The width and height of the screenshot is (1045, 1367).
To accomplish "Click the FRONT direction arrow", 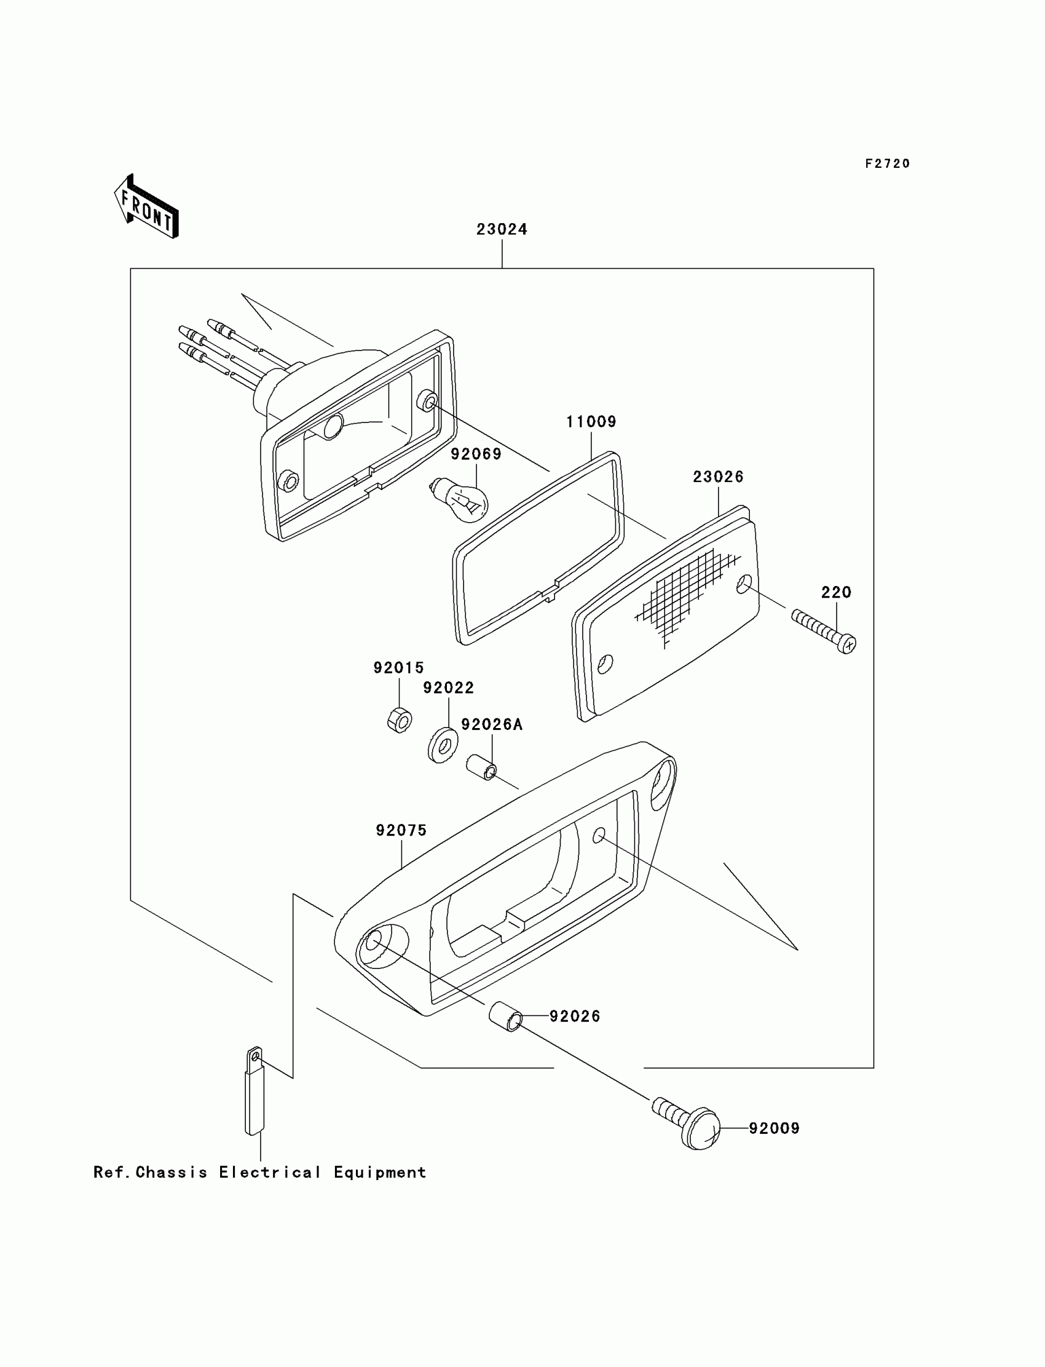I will click(x=147, y=207).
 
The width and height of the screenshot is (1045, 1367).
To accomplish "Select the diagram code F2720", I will click(x=887, y=164).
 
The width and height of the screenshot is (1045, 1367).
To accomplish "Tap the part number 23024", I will click(x=502, y=229).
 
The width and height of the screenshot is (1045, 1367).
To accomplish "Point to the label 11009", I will click(x=590, y=422).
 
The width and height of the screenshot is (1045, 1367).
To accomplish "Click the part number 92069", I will click(x=476, y=454).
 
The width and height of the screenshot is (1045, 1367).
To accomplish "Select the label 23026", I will click(x=718, y=477).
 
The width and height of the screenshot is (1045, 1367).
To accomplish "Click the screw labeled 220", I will click(x=825, y=632).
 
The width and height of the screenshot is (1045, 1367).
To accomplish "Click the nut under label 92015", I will click(x=399, y=721).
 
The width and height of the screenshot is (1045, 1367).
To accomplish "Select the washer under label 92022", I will click(x=443, y=744).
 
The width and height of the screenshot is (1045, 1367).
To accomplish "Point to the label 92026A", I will click(x=491, y=724).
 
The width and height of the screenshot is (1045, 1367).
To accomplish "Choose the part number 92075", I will click(x=401, y=831).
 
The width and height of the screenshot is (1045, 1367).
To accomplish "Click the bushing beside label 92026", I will click(x=506, y=1017).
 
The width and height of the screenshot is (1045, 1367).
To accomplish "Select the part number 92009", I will click(x=774, y=1128).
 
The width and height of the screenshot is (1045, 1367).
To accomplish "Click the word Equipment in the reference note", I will click(x=379, y=1173).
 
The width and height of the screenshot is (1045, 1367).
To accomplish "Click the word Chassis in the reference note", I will click(x=171, y=1173).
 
